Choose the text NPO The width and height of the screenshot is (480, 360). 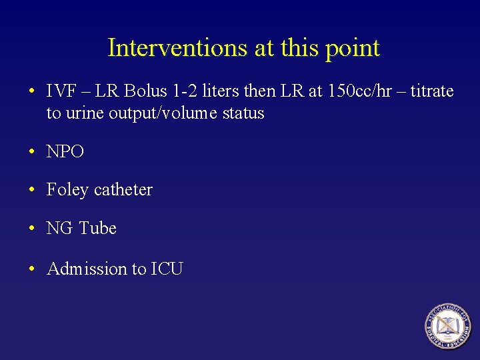click(65, 152)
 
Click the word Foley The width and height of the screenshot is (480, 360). click(67, 190)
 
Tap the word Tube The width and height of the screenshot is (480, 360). click(98, 229)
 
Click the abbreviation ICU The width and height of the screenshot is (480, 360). click(167, 269)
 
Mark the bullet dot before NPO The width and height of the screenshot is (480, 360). click(32, 152)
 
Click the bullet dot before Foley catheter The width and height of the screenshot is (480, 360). click(32, 191)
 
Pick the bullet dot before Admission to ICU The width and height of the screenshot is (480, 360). click(32, 269)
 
